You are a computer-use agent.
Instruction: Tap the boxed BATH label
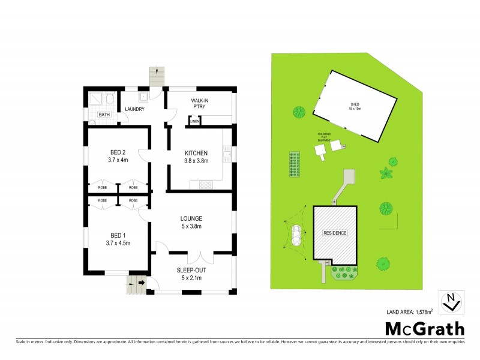coord(104,115)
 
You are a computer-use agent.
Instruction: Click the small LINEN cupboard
coord(194,122)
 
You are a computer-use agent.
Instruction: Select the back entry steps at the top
coord(157,77)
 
